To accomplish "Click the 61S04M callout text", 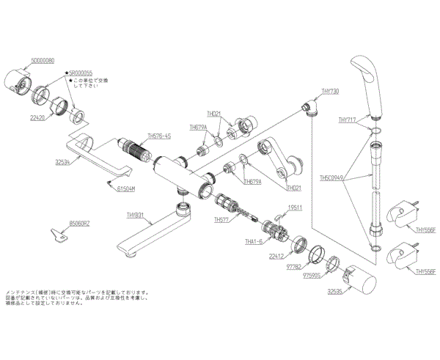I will (x=127, y=189).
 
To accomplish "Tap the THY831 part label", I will (x=136, y=215).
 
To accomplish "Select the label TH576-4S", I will (x=159, y=136).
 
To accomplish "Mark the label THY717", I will (x=348, y=120).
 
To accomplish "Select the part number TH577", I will (x=221, y=219).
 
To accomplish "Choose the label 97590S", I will (x=314, y=277).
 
